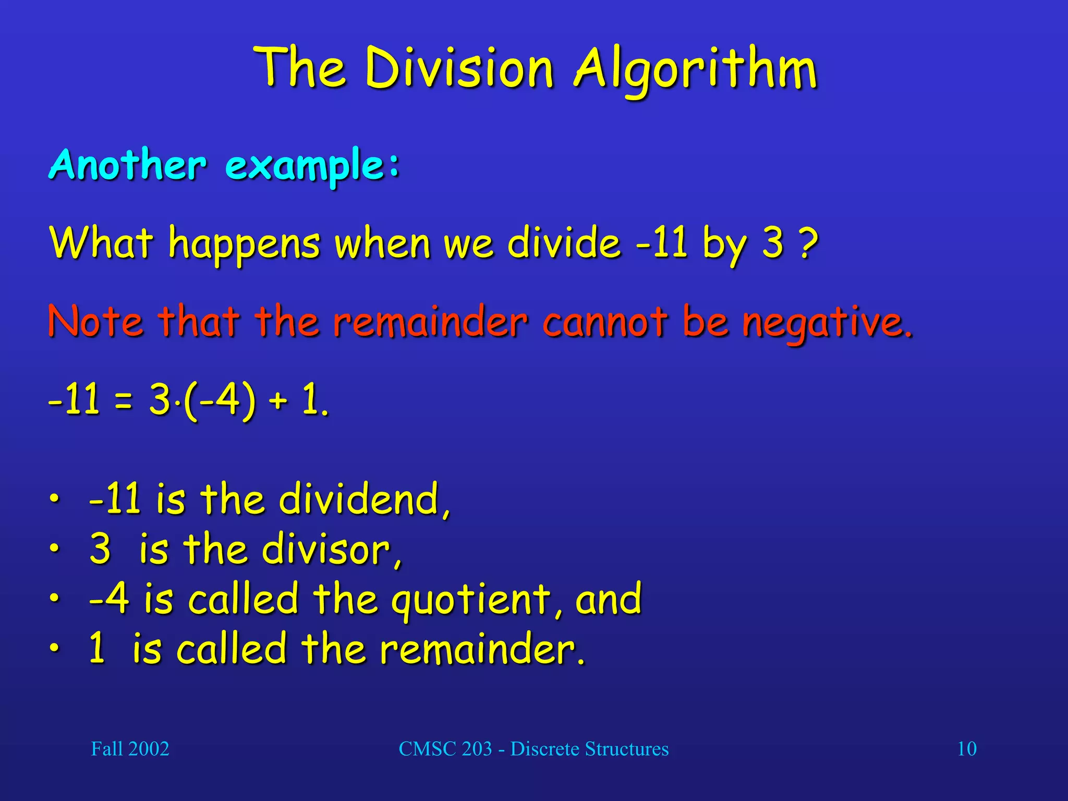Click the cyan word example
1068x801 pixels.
(x=306, y=166)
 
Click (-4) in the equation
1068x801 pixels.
(x=219, y=400)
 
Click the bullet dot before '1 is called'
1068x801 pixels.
(x=54, y=648)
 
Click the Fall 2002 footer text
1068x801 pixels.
(x=130, y=749)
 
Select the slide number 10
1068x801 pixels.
(x=967, y=749)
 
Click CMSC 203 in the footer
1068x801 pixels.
(x=445, y=749)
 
